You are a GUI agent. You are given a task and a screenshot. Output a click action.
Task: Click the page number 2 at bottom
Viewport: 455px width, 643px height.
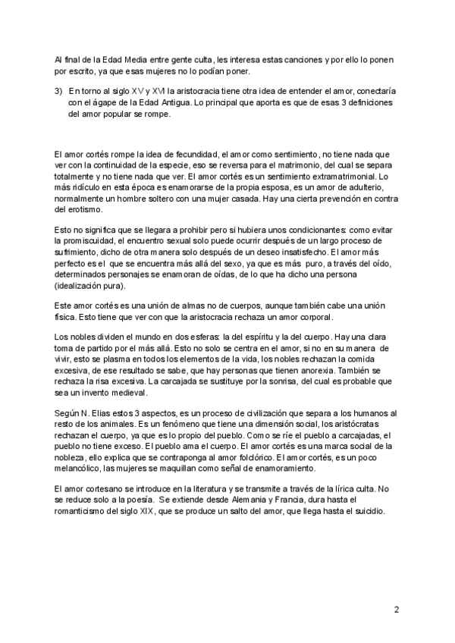(x=397, y=609)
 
